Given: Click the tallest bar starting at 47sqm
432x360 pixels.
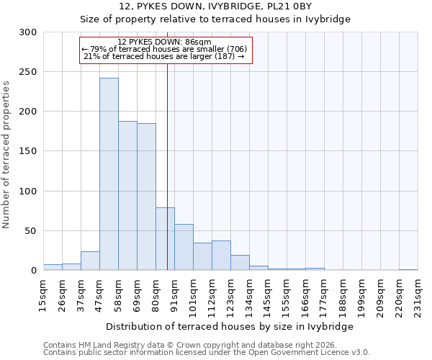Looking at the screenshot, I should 109,174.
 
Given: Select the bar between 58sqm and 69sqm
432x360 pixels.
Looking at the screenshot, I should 127,196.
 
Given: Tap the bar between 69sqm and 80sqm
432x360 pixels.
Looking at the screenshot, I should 146,197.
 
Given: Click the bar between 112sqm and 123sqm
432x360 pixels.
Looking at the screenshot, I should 221,256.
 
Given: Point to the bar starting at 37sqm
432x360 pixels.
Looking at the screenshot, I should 90,261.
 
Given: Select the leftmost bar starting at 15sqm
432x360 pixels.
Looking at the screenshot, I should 53,267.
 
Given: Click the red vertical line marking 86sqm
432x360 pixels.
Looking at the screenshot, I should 167,144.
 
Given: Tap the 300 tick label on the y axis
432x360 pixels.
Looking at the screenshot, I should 28,32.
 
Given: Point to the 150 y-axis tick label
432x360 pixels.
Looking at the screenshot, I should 28,151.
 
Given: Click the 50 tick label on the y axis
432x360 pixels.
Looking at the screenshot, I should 31,231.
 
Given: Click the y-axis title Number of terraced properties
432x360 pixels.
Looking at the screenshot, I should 6,155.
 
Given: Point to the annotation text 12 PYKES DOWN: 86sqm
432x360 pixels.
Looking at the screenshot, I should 164,42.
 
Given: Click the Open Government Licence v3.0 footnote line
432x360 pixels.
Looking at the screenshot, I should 207,353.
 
